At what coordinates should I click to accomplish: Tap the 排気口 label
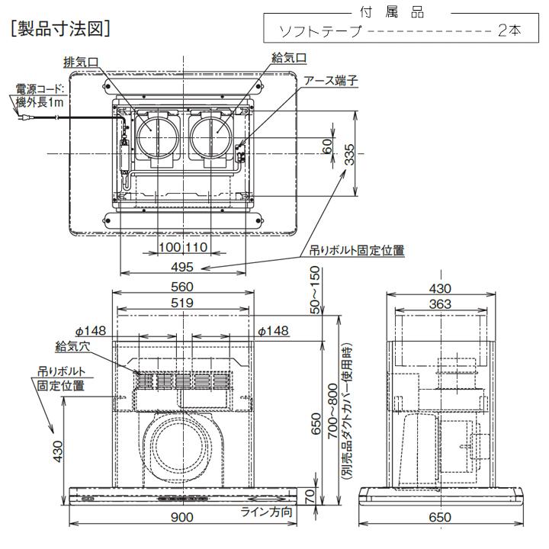tap(82, 59)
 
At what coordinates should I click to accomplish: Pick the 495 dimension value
tap(181, 267)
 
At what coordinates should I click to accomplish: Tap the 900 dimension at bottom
tap(181, 517)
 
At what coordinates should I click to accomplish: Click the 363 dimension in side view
tap(440, 303)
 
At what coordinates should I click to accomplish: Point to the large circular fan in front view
tap(181, 447)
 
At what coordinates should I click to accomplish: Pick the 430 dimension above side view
tap(440, 288)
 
